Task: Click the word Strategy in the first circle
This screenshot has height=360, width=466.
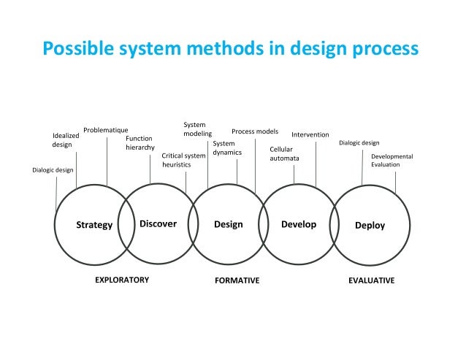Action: pos(95,225)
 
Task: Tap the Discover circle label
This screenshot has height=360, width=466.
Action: pos(158,224)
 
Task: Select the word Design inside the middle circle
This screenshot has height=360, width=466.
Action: pos(228,224)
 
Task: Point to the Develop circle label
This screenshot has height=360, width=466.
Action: pos(299,224)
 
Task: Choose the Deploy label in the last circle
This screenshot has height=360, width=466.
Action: pos(370,225)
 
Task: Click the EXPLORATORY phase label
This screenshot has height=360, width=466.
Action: pos(122,280)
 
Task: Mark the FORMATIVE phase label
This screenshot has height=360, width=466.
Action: pos(237,280)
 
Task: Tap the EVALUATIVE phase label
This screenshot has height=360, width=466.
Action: pos(371,280)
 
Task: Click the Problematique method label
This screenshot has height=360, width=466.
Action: pos(105,130)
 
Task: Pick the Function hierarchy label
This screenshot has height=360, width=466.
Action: pos(140,142)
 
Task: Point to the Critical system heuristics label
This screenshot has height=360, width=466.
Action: pos(183,160)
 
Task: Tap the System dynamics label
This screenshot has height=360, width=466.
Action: pos(224,148)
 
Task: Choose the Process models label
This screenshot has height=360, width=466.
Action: pos(254,131)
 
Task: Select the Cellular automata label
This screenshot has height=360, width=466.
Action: pos(284,153)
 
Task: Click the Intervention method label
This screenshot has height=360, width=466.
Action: pos(310,135)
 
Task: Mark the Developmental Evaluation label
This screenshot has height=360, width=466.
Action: pos(391,161)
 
